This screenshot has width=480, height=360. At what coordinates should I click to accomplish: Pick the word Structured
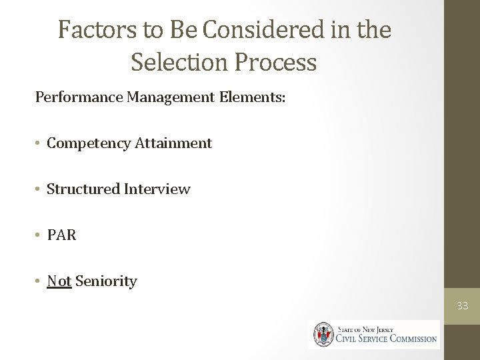[x=83, y=189]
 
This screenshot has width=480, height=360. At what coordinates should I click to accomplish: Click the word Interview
[x=157, y=189]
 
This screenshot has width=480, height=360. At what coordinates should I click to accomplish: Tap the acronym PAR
[x=62, y=235]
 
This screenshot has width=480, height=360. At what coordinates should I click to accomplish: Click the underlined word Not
[x=59, y=281]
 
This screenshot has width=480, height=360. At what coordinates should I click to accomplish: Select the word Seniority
[x=106, y=281]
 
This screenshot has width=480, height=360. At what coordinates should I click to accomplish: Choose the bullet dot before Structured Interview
[x=39, y=190]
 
